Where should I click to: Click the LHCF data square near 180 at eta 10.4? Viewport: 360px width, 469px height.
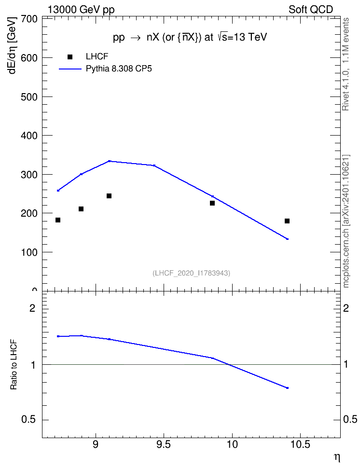pyautogui.click(x=287, y=221)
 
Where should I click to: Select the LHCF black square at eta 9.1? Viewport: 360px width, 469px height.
pyautogui.click(x=109, y=196)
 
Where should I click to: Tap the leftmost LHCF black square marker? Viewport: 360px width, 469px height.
pyautogui.click(x=58, y=220)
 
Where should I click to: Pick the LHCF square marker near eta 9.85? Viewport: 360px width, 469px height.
pyautogui.click(x=212, y=203)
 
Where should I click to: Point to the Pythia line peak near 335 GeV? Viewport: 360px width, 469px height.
pyautogui.click(x=109, y=161)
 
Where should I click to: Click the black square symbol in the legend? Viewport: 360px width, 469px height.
pyautogui.click(x=70, y=57)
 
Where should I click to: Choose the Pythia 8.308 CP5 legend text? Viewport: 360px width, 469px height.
pyautogui.click(x=119, y=69)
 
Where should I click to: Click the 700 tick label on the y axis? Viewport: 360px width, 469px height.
pyautogui.click(x=29, y=19)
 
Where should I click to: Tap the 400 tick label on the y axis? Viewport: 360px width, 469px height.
pyautogui.click(x=29, y=136)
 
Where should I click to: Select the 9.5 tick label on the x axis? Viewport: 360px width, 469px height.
pyautogui.click(x=164, y=445)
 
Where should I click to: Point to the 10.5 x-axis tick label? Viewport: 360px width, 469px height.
pyautogui.click(x=300, y=445)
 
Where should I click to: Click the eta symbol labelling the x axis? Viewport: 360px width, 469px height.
pyautogui.click(x=337, y=457)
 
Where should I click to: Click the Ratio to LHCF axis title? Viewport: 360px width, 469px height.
pyautogui.click(x=14, y=365)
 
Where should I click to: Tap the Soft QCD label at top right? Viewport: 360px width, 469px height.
pyautogui.click(x=311, y=10)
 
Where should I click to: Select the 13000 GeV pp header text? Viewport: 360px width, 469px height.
pyautogui.click(x=81, y=10)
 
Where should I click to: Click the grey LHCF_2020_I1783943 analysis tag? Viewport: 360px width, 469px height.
pyautogui.click(x=192, y=273)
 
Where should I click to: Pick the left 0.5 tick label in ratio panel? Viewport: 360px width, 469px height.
pyautogui.click(x=29, y=420)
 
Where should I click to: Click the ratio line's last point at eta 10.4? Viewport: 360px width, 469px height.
pyautogui.click(x=287, y=388)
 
